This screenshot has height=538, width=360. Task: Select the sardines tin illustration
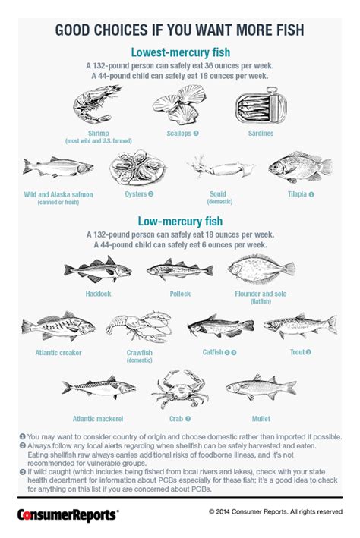pos(261,107)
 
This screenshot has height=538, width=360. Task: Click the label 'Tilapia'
pos(297,194)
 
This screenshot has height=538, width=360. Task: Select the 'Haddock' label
pos(98,292)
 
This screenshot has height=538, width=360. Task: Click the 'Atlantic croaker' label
pos(58,353)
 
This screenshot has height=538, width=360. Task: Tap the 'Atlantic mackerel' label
pos(97,418)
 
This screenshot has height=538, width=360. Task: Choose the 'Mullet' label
pos(261,418)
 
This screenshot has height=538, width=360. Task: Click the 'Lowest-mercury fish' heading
pos(180,52)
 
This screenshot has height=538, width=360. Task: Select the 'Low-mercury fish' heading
pos(180,221)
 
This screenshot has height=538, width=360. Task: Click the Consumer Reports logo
pos(68,514)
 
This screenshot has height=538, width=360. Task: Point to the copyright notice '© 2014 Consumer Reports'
pos(276,512)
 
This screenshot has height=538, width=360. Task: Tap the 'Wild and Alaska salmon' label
pos(58,194)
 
